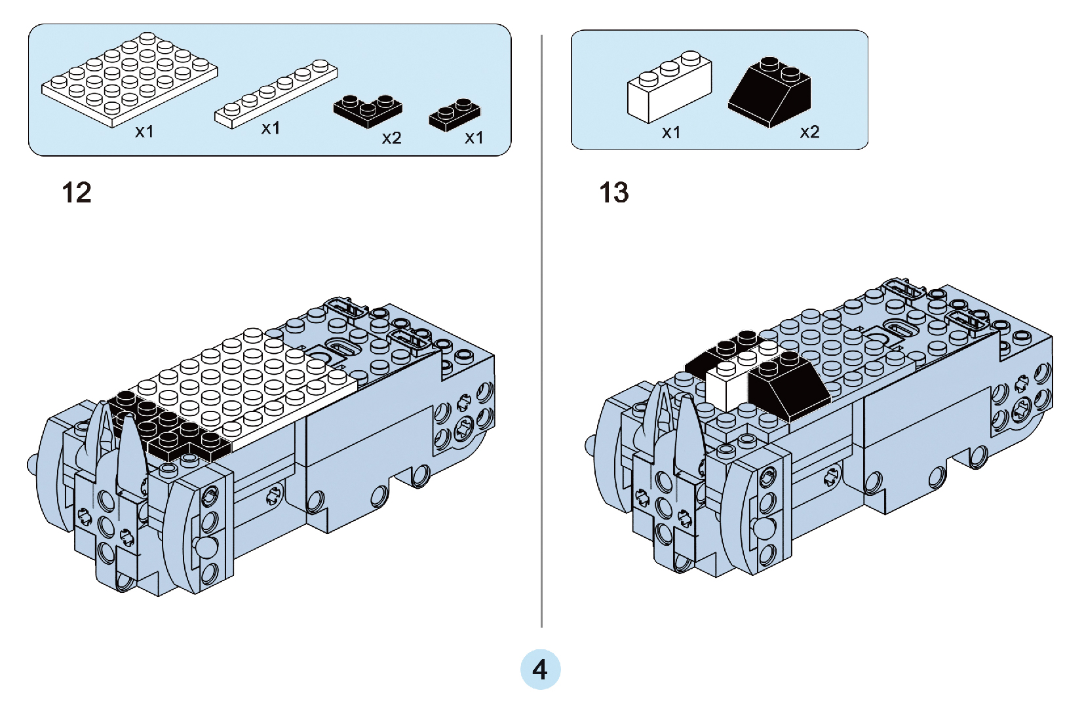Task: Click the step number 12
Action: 77,193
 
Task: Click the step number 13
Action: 613,193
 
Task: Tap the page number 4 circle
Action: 540,670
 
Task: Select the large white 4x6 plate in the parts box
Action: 130,81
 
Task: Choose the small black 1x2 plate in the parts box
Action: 454,115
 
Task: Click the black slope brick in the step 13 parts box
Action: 771,92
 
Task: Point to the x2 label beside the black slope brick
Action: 809,132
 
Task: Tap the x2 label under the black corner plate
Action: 391,138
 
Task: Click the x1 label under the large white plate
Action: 144,132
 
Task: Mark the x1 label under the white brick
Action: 671,133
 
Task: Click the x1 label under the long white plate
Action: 271,128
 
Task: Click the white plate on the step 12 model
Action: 249,387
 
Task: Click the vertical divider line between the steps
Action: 541,328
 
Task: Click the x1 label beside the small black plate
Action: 474,138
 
